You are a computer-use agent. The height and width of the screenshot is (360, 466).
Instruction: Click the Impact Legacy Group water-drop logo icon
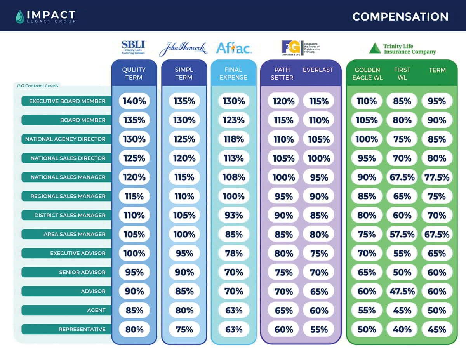tap(20, 16)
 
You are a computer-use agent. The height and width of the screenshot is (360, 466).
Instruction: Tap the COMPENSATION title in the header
tap(400, 17)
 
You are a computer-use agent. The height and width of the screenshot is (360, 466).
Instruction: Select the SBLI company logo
tap(133, 47)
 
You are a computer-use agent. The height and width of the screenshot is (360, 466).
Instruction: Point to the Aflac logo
tap(234, 48)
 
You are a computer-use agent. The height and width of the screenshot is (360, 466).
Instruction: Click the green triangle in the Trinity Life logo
tap(375, 48)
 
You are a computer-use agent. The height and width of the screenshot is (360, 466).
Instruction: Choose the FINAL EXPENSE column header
tap(233, 73)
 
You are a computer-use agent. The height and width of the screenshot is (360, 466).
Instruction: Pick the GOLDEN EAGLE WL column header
tap(367, 74)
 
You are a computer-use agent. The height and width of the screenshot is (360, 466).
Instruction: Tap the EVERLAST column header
tap(318, 70)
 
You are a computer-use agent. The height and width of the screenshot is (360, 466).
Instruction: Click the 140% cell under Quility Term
tap(134, 101)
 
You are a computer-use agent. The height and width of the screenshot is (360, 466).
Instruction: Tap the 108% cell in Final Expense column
tap(234, 177)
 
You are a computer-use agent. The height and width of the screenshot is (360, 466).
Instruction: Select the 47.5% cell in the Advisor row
tap(402, 291)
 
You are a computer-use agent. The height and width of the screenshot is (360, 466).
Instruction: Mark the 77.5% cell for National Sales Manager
tap(437, 177)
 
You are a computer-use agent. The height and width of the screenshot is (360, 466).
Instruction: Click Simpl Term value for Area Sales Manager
tap(184, 234)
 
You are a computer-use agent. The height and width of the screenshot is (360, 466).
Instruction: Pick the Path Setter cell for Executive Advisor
tap(283, 253)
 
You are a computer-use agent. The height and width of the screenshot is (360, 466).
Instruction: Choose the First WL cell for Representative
tap(402, 329)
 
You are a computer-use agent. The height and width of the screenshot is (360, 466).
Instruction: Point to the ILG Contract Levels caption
tap(38, 85)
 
